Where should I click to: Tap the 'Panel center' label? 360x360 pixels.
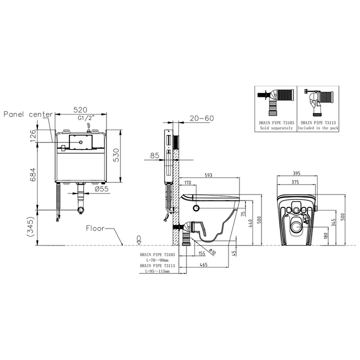pyautogui.click(x=28, y=114)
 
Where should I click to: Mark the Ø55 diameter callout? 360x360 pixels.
pyautogui.click(x=102, y=189)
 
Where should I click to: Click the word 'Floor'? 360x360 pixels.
pyautogui.click(x=95, y=228)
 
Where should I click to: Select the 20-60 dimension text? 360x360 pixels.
pyautogui.click(x=202, y=118)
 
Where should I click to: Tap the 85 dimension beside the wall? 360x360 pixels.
pyautogui.click(x=155, y=155)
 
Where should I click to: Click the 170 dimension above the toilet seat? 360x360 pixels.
pyautogui.click(x=188, y=182)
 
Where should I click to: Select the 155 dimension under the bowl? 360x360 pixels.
pyautogui.click(x=201, y=254)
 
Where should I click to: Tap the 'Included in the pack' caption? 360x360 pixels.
pyautogui.click(x=318, y=128)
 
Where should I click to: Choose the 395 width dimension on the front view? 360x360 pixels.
pyautogui.click(x=297, y=173)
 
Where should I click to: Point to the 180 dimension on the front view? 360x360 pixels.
pyautogui.click(x=326, y=235)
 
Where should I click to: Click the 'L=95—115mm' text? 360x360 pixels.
pyautogui.click(x=154, y=271)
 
